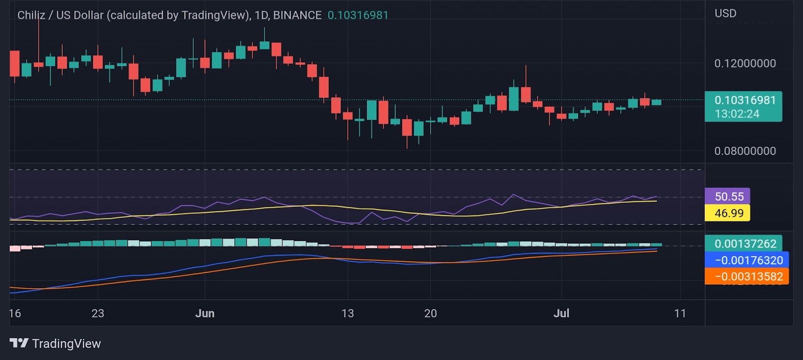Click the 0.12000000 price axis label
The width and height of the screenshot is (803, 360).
745,63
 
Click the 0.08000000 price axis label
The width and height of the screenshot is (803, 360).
745,151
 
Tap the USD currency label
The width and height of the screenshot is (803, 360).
725,14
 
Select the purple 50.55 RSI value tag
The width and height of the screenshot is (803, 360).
729,196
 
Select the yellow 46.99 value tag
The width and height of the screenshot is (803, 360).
729,213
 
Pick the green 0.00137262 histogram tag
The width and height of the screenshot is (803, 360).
745,244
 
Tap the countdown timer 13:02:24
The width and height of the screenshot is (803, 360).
737,114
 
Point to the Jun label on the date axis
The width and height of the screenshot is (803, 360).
204,313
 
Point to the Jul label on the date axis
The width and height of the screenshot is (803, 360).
561,313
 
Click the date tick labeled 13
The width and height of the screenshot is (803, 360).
347,313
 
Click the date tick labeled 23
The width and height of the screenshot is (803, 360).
98,313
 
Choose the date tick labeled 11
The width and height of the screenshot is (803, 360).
680,313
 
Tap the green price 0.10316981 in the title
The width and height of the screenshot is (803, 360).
358,15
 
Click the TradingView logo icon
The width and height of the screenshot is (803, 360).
19,343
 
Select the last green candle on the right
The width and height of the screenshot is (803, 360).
656,102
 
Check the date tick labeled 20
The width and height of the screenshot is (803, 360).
430,313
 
